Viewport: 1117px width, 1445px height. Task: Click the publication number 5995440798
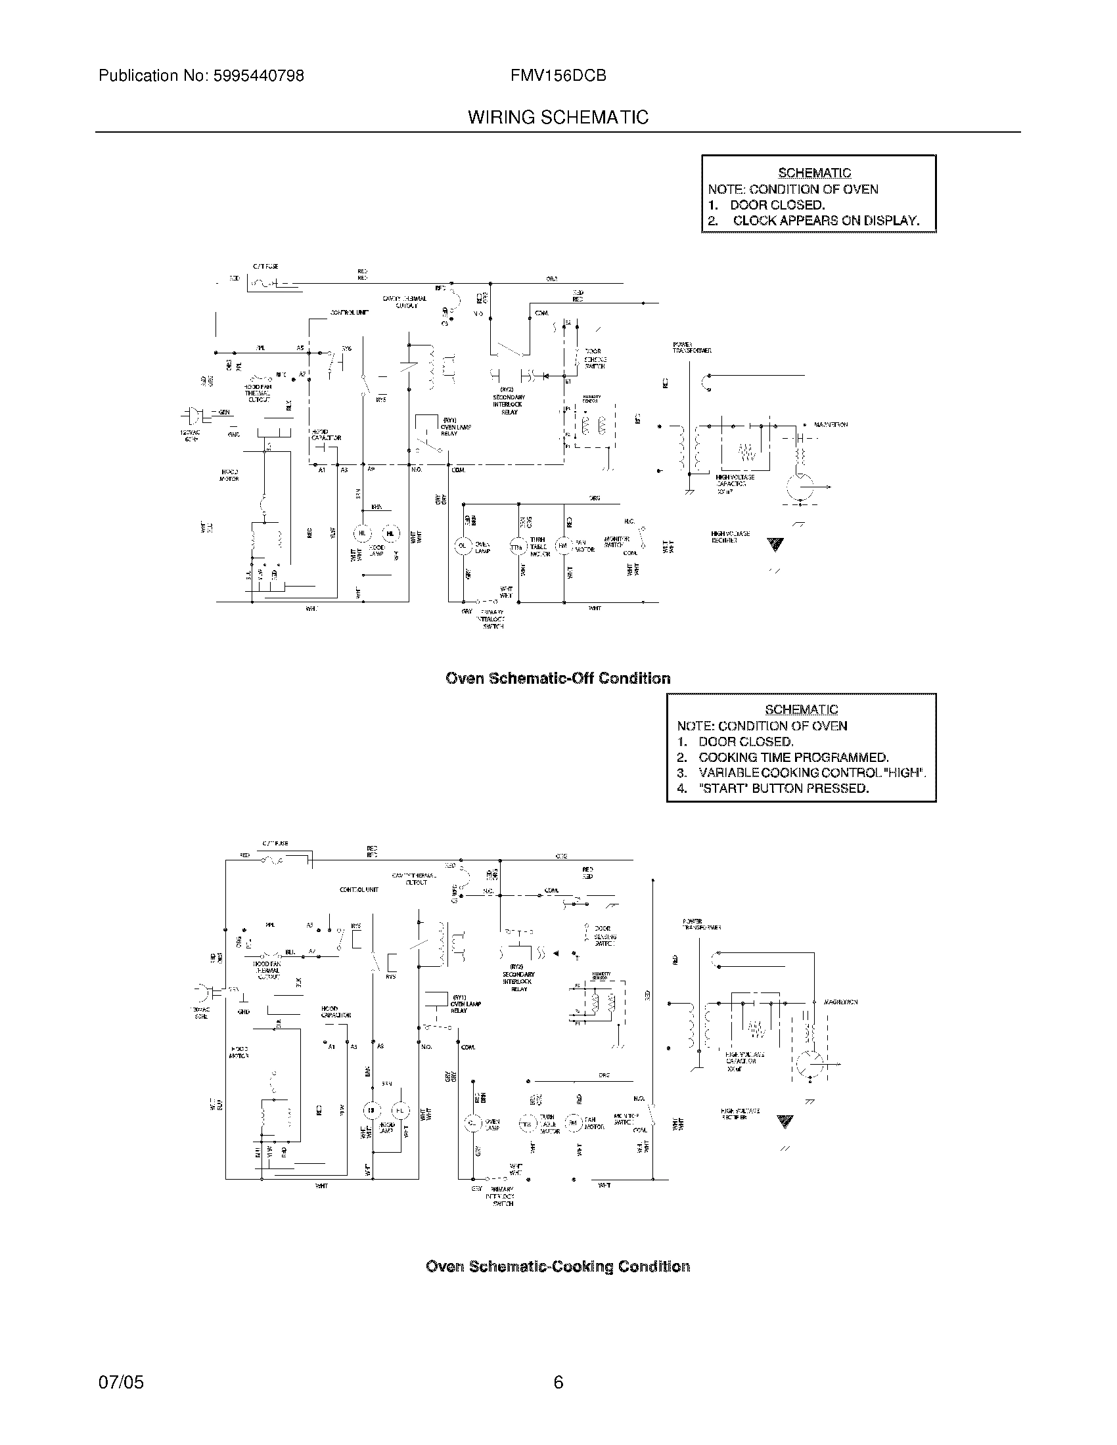pyautogui.click(x=258, y=76)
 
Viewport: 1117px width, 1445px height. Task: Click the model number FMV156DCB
pyautogui.click(x=558, y=76)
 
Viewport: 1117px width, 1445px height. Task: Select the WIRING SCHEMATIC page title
pyautogui.click(x=558, y=118)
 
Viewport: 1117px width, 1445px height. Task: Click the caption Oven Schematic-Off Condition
pyautogui.click(x=558, y=678)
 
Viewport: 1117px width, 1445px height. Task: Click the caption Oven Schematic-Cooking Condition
pyautogui.click(x=558, y=1266)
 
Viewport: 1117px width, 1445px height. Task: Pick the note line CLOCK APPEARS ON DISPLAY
pyautogui.click(x=825, y=221)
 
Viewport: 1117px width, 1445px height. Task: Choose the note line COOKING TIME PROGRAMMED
pyautogui.click(x=793, y=757)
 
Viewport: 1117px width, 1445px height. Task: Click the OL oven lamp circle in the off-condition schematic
pyautogui.click(x=463, y=546)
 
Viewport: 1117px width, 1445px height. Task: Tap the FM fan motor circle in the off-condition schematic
pyautogui.click(x=563, y=546)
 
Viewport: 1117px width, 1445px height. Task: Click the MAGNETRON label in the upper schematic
pyautogui.click(x=831, y=425)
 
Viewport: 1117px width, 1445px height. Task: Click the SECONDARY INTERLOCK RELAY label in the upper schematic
pyautogui.click(x=508, y=404)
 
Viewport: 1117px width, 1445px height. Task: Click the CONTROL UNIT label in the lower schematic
pyautogui.click(x=359, y=890)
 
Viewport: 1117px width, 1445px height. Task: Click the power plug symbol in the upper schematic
pyautogui.click(x=193, y=416)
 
